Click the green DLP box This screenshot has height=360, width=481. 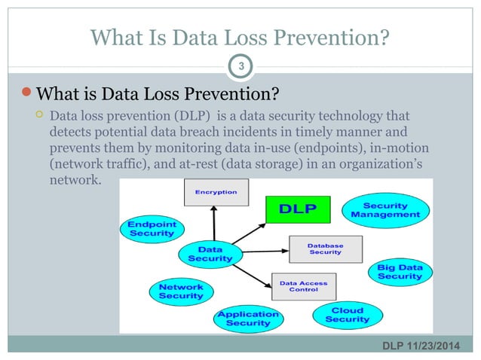298,207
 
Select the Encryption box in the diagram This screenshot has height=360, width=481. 216,192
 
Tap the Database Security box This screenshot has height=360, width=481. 325,249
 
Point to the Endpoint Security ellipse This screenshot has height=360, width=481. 151,229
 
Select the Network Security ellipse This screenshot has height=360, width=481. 180,291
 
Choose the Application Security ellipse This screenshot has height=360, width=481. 248,318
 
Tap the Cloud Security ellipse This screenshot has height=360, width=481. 347,315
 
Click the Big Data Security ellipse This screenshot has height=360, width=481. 400,273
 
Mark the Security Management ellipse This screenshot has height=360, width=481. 385,210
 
